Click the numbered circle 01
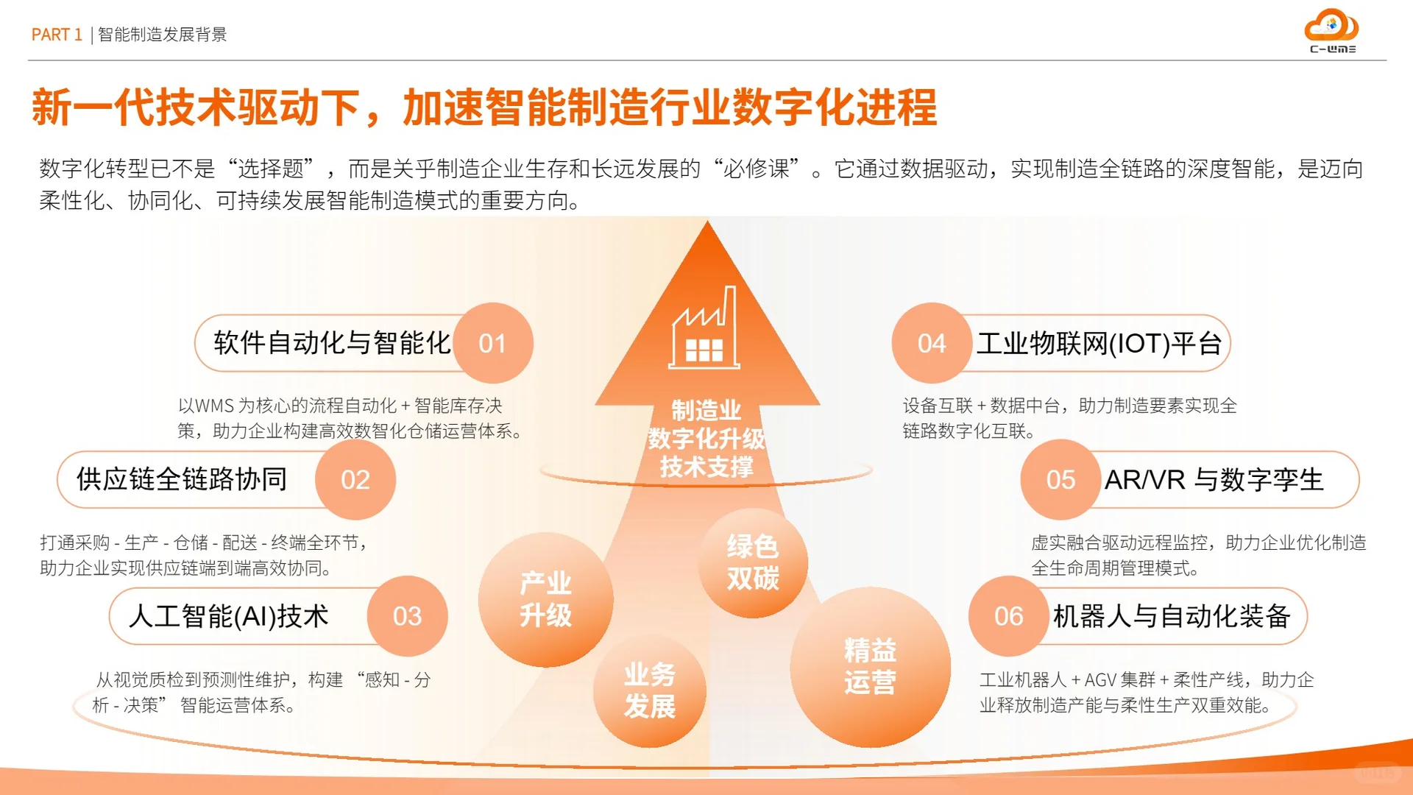tap(492, 343)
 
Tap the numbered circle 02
tap(355, 480)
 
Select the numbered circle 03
tap(407, 616)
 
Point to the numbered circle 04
tap(932, 343)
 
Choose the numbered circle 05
tap(1060, 480)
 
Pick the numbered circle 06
tap(1008, 616)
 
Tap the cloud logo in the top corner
tap(1331, 28)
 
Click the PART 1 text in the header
tap(57, 35)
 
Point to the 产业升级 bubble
tap(545, 599)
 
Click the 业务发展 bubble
tap(649, 690)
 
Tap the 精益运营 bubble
tap(870, 667)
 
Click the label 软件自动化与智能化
tap(332, 343)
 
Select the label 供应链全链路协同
tap(182, 480)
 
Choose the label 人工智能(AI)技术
tap(229, 616)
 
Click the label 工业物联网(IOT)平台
tap(1099, 343)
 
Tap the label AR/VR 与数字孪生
tap(1214, 480)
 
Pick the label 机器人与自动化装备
tap(1172, 616)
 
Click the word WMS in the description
tap(214, 406)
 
